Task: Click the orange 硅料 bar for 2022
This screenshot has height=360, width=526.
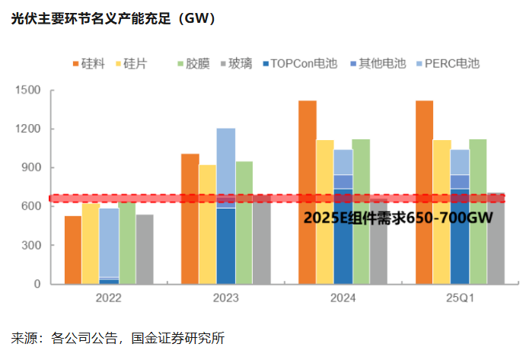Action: point(73,250)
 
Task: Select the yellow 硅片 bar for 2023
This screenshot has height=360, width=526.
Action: point(207,225)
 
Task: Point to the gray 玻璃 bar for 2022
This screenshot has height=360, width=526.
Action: point(145,249)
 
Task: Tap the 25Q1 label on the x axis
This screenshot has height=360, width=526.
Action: point(460,299)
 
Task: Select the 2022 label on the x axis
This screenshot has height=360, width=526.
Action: point(108,299)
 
